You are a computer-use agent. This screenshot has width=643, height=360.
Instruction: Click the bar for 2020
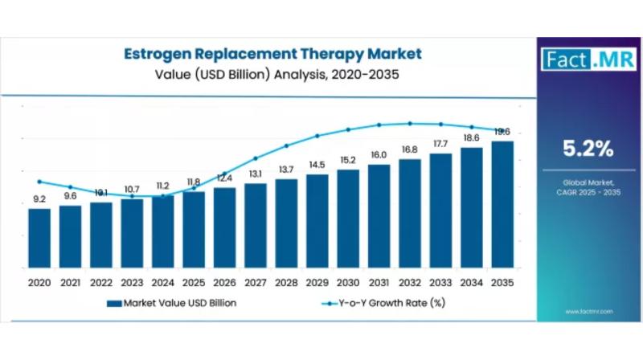coord(39,238)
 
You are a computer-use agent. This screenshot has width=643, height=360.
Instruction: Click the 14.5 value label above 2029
coord(317,165)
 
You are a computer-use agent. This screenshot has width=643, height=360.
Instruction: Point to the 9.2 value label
coord(39,199)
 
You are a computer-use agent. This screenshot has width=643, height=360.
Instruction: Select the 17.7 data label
coord(440,144)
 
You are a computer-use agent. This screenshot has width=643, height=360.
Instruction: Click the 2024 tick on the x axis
coord(162,283)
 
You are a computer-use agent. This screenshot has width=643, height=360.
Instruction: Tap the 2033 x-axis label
coord(440,283)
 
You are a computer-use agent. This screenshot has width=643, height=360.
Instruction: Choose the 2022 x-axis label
coord(100,283)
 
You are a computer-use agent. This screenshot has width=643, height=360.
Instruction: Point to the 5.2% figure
coord(588,149)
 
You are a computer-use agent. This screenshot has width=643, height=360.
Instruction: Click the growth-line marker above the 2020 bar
coord(39,182)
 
